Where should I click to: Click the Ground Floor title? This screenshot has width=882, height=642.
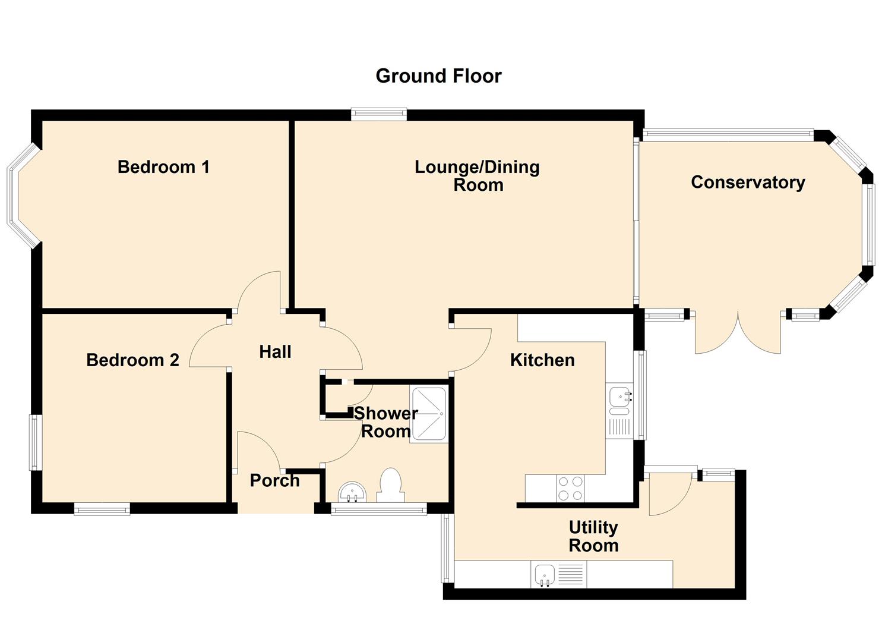click(x=438, y=76)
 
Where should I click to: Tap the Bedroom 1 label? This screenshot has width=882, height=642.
click(x=163, y=167)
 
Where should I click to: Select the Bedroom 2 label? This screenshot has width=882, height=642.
click(x=132, y=360)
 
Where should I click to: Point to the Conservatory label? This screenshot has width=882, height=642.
click(x=748, y=182)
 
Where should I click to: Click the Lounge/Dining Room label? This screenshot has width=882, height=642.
click(x=477, y=176)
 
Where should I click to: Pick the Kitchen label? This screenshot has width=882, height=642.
click(x=542, y=360)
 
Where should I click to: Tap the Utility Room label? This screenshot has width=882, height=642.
click(x=593, y=536)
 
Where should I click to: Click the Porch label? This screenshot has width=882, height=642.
click(x=275, y=480)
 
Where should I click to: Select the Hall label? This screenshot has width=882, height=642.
click(x=275, y=352)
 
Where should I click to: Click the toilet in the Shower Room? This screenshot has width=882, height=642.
click(x=391, y=486)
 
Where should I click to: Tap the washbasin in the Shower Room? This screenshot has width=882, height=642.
click(x=352, y=492)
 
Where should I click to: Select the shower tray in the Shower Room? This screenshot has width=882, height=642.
click(x=429, y=414)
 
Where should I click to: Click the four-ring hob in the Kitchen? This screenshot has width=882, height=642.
click(x=571, y=488)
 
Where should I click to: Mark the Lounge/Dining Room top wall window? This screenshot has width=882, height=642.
click(x=379, y=115)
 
